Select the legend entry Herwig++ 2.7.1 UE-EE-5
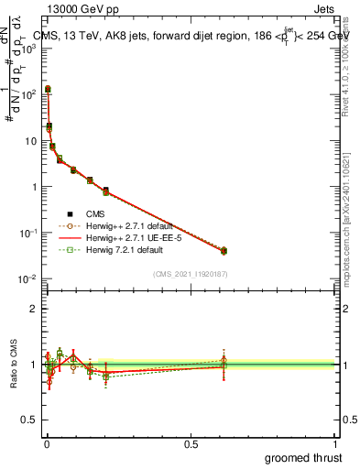tap(127, 236)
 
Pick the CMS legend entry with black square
tap(95, 213)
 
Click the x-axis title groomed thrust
tap(305, 457)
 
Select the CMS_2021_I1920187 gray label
tap(191, 274)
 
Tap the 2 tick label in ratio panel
tap(34, 309)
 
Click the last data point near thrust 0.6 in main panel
tap(224, 250)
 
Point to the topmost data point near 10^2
tap(48, 89)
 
